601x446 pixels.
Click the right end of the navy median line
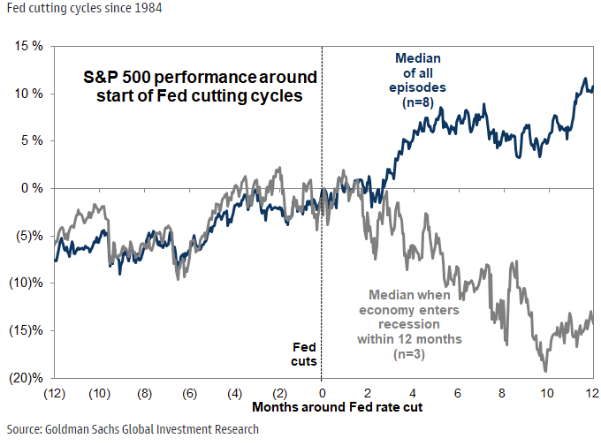592,88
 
